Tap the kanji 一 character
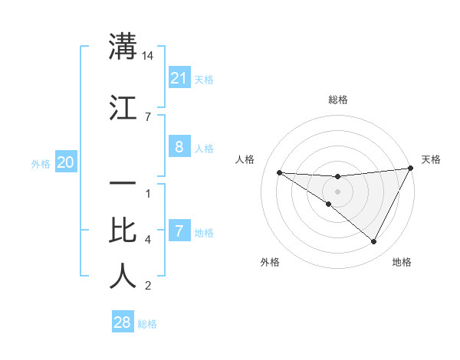[123, 184]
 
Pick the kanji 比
[123, 230]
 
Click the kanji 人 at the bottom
[123, 276]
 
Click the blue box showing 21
[179, 78]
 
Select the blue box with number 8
[179, 148]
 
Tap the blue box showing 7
[179, 231]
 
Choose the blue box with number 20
[66, 162]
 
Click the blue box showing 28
[123, 322]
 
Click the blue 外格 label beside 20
[41, 163]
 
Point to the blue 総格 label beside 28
[147, 324]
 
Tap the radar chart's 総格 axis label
[337, 100]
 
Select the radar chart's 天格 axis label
[431, 159]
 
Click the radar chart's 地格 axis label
[402, 262]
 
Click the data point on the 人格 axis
[279, 172]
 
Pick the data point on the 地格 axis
[373, 241]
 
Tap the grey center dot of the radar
[337, 191]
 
